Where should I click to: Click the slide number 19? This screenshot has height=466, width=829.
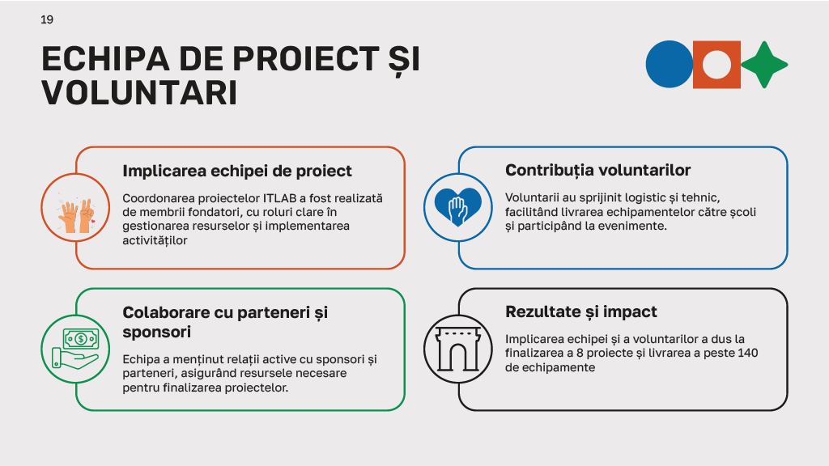[x=47, y=19]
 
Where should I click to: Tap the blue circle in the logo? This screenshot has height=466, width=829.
[x=669, y=64]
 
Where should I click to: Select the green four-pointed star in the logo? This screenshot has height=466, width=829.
[x=764, y=64]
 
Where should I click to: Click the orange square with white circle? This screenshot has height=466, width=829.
[x=716, y=64]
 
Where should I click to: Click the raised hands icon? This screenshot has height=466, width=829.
[x=77, y=211]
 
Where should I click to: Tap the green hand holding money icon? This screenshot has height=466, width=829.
[x=76, y=349]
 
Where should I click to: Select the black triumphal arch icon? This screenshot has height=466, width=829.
[x=458, y=349]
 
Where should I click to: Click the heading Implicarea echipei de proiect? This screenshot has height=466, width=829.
[x=237, y=171]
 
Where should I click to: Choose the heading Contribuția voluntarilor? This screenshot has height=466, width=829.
[x=597, y=170]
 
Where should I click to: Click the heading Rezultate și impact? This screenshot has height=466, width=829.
[x=580, y=311]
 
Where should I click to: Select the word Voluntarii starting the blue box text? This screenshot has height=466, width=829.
[x=531, y=197]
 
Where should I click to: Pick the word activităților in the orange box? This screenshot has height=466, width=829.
[x=155, y=240]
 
